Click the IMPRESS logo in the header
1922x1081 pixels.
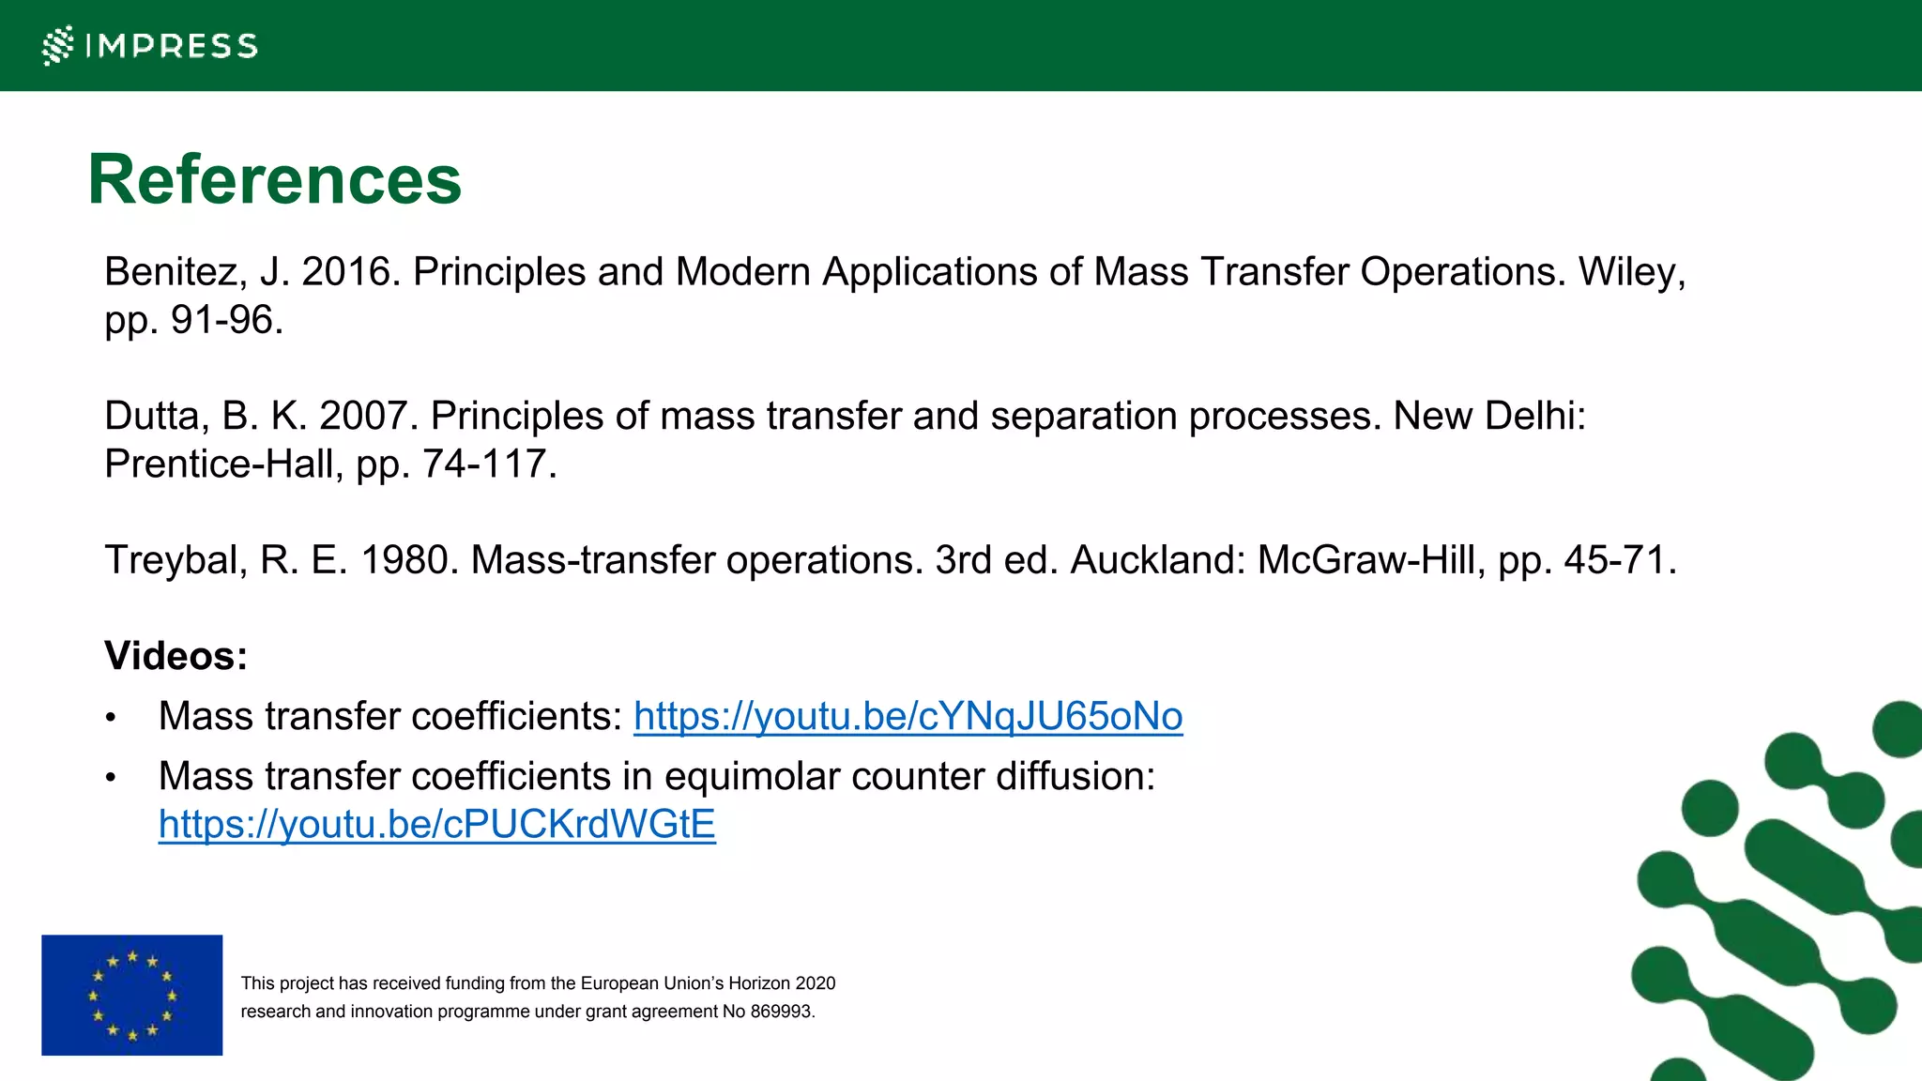point(150,45)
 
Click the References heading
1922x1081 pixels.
point(274,179)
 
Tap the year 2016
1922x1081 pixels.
point(350,272)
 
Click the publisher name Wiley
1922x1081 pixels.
point(1630,272)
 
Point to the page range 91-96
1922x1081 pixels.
point(225,321)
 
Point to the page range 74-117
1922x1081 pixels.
point(488,464)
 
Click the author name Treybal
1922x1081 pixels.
point(175,560)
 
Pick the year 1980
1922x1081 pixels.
point(409,560)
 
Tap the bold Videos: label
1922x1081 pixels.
point(175,656)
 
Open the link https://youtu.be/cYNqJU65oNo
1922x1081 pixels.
point(908,716)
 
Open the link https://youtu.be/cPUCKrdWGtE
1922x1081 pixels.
point(436,825)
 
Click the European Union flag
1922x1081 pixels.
point(132,995)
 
